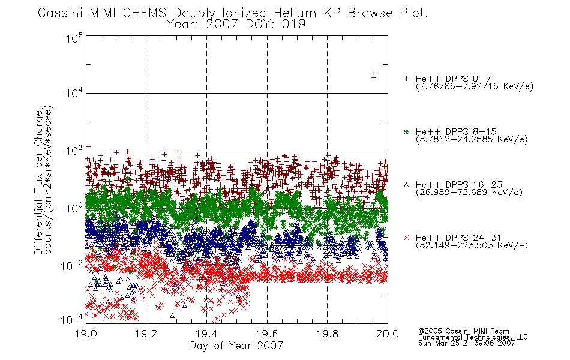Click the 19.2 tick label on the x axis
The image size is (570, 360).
coord(146,334)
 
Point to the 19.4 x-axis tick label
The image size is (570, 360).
coord(207,334)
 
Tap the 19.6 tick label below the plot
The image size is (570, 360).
coord(267,334)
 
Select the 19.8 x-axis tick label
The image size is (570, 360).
coord(328,334)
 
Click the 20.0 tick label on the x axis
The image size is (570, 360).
coord(388,334)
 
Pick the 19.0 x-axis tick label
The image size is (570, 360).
coord(86,334)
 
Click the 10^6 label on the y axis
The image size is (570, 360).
coord(74,38)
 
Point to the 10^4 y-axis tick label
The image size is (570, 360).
coord(74,93)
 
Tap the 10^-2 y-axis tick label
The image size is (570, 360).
coord(72,265)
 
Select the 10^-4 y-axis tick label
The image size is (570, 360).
coord(72,319)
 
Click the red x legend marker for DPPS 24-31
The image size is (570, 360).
coord(406,238)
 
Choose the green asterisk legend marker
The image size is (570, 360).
coord(406,132)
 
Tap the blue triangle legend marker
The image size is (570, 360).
coord(406,185)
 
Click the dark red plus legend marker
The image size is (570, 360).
coord(406,79)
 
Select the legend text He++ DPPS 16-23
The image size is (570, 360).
coord(459,185)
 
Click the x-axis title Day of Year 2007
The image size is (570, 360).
coord(236,346)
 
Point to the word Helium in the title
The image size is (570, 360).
coord(295,13)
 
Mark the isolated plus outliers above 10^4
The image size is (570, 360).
coord(374,75)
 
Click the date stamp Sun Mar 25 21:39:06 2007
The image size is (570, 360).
coord(466,343)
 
